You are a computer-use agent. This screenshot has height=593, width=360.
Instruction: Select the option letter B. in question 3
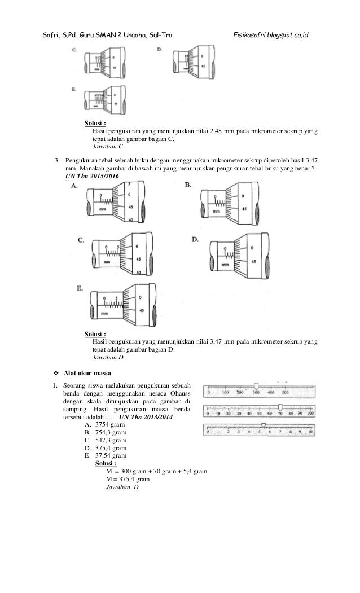[x=190, y=185]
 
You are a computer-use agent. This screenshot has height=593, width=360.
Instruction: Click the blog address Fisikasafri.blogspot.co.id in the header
[x=271, y=36]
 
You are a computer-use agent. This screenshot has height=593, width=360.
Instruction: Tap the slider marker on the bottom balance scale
[x=263, y=424]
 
